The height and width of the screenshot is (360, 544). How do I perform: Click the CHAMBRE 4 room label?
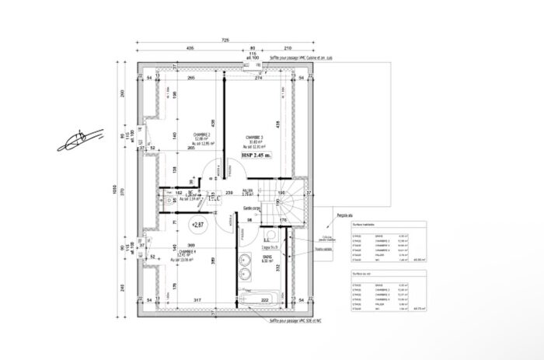187,252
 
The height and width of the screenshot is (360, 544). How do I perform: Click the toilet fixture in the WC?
169,201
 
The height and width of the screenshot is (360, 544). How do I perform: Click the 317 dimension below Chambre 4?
198,299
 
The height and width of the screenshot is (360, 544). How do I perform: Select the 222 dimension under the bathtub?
265,300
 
